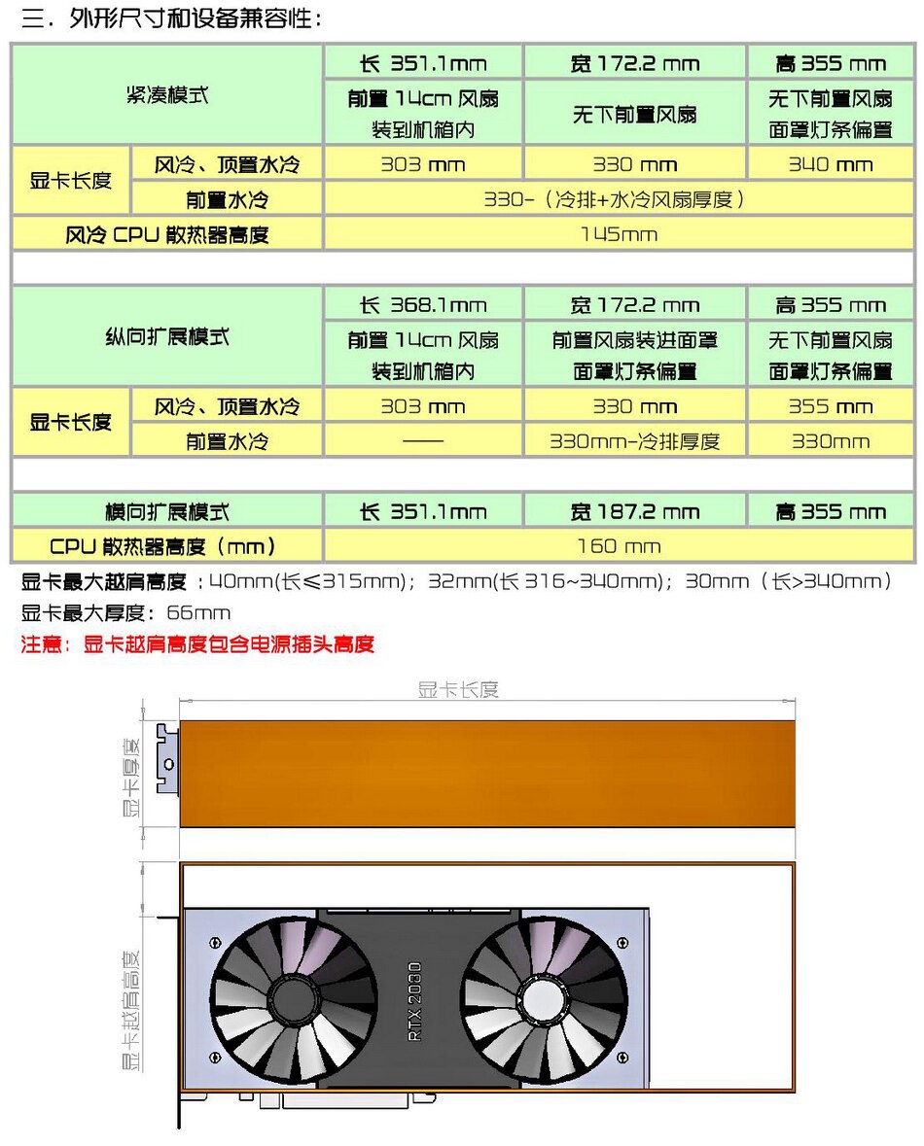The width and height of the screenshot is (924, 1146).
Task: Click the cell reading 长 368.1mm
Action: pos(423,305)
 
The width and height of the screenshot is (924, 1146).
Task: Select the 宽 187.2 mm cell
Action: pos(634,511)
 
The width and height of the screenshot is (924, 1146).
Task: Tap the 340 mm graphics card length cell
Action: pos(830,164)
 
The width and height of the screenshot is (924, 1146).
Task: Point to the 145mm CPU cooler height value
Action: pos(618,233)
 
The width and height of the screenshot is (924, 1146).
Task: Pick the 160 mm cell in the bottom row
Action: pos(618,546)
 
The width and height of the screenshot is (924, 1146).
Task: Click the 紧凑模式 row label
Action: pos(166,95)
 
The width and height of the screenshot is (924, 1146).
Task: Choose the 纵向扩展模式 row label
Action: pos(166,337)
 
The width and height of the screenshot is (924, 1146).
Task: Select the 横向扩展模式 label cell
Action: pos(166,511)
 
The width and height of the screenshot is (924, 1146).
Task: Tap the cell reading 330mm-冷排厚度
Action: pos(634,441)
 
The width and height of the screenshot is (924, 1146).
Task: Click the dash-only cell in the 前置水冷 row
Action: pos(423,441)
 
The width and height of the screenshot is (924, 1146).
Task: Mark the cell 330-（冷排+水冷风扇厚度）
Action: pos(618,199)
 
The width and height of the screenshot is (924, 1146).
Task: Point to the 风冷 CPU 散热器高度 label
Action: pos(166,233)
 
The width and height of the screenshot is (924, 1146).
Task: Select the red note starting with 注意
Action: pos(197,643)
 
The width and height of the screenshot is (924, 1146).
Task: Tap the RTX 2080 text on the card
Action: pos(415,1002)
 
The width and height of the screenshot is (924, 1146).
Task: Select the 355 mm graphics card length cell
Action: pos(830,406)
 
